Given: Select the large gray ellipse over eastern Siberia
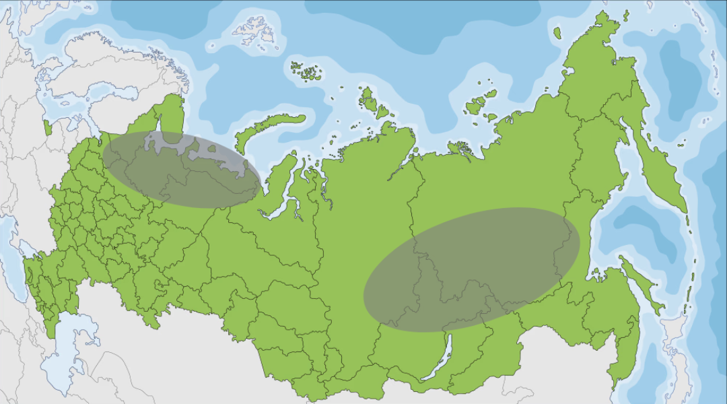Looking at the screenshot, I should coord(471,269).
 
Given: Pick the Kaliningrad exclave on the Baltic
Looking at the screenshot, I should coord(47,127).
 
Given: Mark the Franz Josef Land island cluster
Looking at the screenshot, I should coord(306,70).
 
